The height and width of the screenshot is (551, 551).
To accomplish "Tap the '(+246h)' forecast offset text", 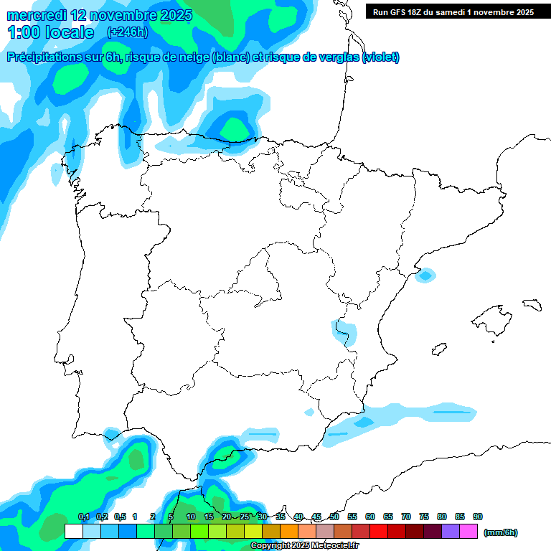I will [x=127, y=32].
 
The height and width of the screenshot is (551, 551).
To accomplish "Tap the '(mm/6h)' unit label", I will [x=501, y=532].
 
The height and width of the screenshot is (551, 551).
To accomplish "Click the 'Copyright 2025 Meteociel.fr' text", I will [x=304, y=546].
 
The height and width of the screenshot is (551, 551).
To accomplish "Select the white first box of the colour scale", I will [x=73, y=532].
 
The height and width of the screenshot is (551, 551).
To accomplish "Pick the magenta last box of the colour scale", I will [x=468, y=532].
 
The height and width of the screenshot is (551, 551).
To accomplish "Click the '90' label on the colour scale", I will [x=478, y=517].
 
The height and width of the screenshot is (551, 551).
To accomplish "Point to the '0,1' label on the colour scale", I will [x=84, y=517].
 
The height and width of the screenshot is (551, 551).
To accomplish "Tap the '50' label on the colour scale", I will [x=334, y=517].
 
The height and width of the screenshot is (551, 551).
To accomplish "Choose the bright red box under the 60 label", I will [x=379, y=532].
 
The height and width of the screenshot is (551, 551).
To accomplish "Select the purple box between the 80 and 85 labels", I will [x=451, y=532].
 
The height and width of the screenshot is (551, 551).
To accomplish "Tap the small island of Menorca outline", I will [x=532, y=304].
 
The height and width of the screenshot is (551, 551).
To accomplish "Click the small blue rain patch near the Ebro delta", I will [x=426, y=274].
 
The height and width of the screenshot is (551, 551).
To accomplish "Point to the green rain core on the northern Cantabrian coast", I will [x=234, y=128].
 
